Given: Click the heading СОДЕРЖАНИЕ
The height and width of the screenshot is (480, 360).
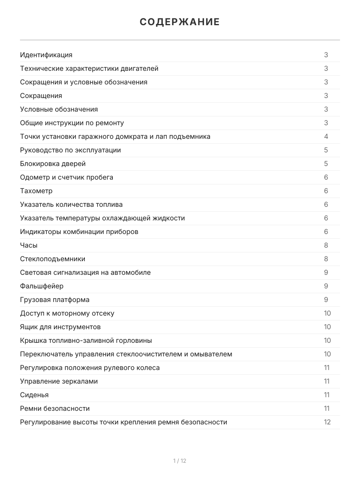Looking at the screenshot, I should tap(180, 22).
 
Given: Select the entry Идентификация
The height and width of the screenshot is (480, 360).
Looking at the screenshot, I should tap(46, 55).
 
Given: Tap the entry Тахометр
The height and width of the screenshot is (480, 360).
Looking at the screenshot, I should tap(36, 191).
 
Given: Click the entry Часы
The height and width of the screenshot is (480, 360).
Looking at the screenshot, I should tap(29, 245).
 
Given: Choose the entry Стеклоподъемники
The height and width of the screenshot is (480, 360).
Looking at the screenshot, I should tap(52, 259).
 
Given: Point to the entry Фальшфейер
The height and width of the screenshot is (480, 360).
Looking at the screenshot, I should tap(42, 286).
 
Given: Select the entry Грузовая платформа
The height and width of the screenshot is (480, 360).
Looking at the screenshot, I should tap(55, 300).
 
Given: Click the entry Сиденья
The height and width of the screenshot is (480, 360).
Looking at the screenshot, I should tap(34, 395).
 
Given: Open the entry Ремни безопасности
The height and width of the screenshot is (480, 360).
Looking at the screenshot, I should tap(55, 408).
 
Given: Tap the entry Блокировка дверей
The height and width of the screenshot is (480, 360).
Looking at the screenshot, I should tap(53, 164).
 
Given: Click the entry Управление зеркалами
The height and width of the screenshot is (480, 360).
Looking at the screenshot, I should tap(59, 381).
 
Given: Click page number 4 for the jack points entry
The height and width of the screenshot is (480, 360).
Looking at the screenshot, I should tap(326, 136).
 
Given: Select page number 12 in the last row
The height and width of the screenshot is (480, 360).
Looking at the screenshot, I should tap(327, 422).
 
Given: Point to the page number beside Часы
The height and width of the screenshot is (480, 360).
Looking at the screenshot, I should tap(326, 245).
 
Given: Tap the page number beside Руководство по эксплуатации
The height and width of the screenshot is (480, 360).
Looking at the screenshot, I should tap(326, 150).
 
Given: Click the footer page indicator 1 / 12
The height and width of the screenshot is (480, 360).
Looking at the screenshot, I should tap(180, 461).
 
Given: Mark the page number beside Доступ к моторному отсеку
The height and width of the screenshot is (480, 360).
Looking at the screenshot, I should tap(327, 313).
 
